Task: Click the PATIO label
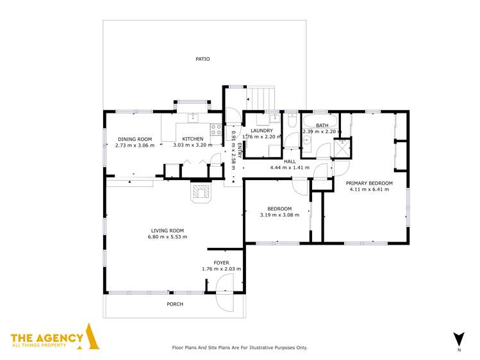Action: [x=203, y=59]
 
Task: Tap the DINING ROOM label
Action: [x=135, y=139]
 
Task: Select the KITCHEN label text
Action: [x=192, y=139]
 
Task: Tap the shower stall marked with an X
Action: [x=342, y=147]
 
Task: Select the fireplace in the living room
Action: [x=201, y=192]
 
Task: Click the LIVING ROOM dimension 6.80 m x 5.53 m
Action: [x=168, y=237]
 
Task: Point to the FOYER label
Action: [x=221, y=263]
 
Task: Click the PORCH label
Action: [x=174, y=304]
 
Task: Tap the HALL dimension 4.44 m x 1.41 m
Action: [x=290, y=168]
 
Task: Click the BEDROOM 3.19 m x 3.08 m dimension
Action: [x=279, y=215]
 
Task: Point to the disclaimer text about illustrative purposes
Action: [x=240, y=347]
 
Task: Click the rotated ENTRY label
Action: [x=240, y=149]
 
